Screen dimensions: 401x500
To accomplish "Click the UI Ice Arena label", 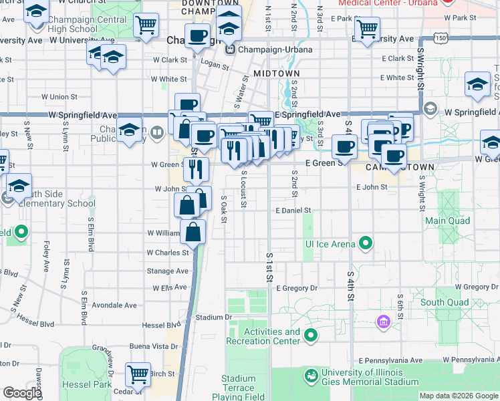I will coord(330,244).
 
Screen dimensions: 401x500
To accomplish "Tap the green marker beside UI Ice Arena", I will coord(366,244).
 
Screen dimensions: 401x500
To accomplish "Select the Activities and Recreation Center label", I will coord(272,337).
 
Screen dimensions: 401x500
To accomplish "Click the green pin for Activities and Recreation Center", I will coord(311,336).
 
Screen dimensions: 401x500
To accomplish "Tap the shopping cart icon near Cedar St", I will coord(138,374).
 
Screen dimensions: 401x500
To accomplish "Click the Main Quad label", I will coord(445,220).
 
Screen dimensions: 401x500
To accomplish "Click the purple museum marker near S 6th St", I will coord(383,323).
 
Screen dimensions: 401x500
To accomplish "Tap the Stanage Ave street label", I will coord(168,271).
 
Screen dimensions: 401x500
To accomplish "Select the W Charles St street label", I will coord(168,253).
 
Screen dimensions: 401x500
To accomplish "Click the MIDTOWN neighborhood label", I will coord(276,73).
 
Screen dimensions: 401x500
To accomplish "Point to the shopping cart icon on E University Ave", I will coord(367,29).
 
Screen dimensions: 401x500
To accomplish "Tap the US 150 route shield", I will coord(441,39).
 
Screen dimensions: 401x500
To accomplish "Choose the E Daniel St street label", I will coord(293,211).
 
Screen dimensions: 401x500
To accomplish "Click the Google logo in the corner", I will coord(23,394).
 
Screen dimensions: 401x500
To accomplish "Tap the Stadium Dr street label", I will coord(213,317).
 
